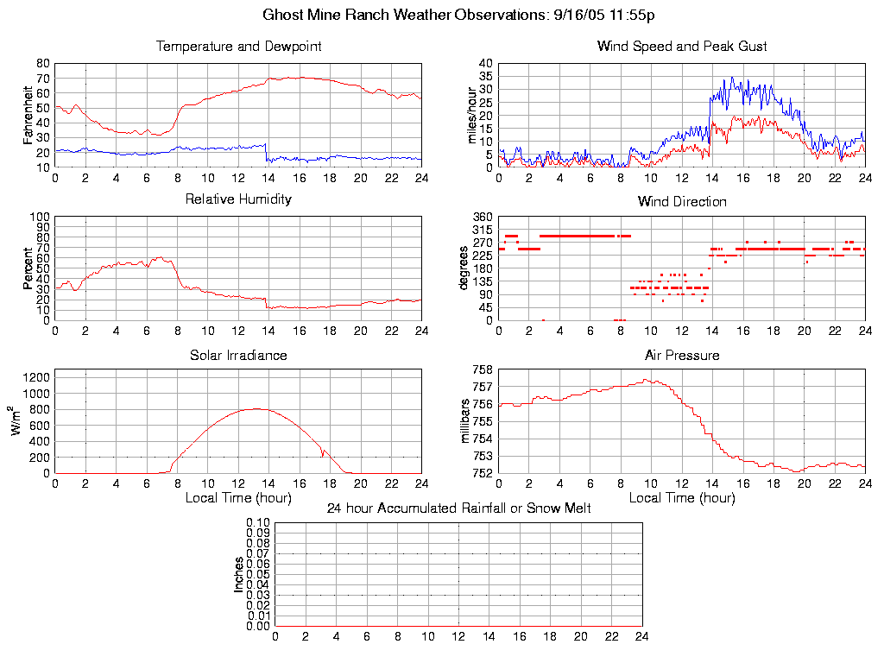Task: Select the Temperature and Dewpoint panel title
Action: coord(238,47)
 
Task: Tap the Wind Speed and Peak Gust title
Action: coord(682,47)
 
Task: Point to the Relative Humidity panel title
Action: coord(238,199)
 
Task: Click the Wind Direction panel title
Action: coord(682,202)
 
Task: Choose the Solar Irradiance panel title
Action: coord(238,356)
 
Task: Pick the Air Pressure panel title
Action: coord(682,356)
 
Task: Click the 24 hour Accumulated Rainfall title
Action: coord(458,508)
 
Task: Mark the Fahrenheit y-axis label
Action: coord(28,115)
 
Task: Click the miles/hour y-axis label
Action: coord(471,115)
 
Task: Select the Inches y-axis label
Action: coord(239,574)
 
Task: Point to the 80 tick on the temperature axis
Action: coord(42,64)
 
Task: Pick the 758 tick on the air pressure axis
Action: coord(483,369)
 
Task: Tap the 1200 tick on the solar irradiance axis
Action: coord(35,376)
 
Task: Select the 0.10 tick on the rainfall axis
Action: coord(258,522)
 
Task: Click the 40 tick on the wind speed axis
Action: coord(485,64)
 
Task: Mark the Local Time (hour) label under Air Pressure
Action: coord(682,498)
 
